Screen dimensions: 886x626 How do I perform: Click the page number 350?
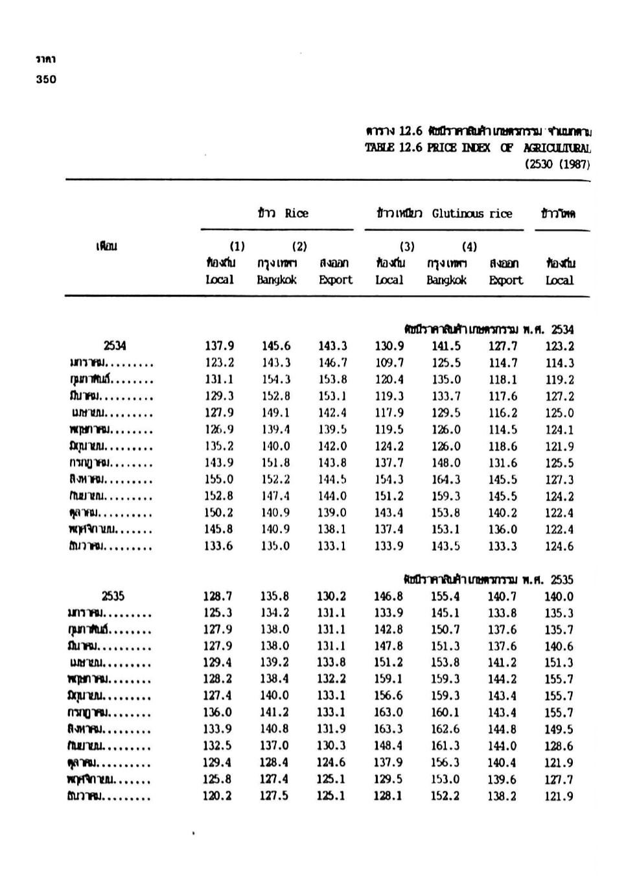[46, 80]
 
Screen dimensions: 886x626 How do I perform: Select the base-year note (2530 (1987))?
[557, 164]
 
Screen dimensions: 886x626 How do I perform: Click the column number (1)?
[237, 246]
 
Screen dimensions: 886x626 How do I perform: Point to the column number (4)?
[469, 246]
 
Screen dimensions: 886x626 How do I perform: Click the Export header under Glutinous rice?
[505, 280]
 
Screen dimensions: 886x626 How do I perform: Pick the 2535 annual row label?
[113, 596]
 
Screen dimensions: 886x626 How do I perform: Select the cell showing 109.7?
[389, 364]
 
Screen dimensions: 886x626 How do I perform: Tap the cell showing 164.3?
[446, 480]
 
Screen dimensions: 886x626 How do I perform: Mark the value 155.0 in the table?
[219, 480]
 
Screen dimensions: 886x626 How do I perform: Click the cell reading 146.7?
[332, 364]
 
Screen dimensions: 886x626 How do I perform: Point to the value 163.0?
[388, 712]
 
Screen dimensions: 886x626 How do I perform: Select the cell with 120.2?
[218, 796]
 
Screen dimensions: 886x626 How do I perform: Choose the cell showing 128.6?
[559, 746]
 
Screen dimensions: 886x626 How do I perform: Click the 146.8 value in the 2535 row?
[388, 596]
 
